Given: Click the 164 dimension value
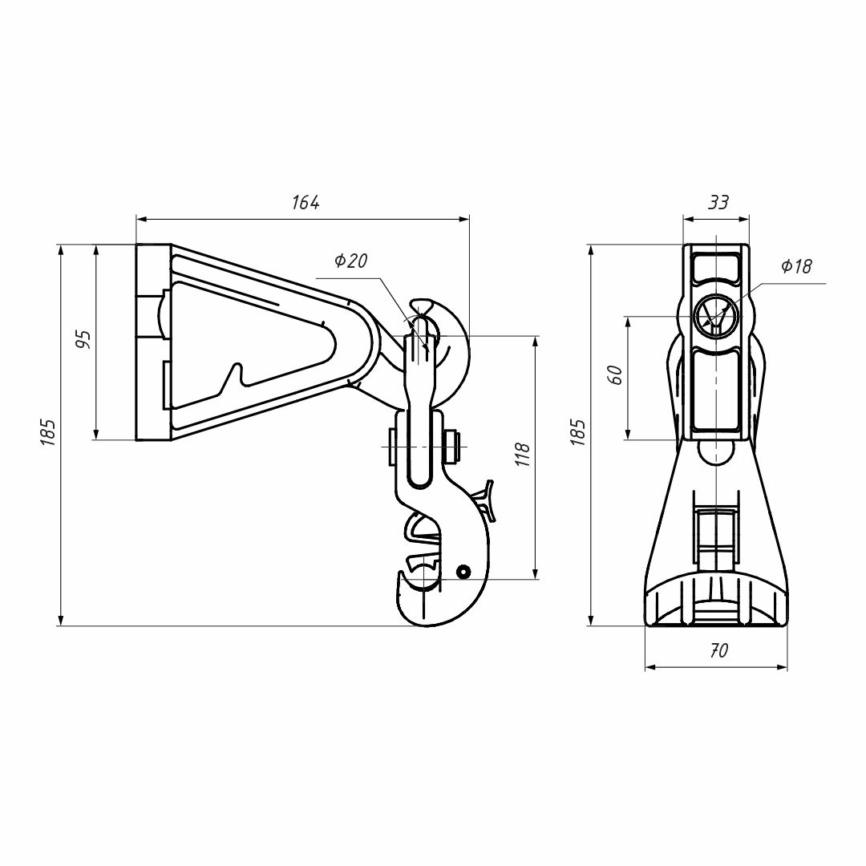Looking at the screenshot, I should click(x=306, y=203).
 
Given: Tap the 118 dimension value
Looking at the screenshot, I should click(x=523, y=455).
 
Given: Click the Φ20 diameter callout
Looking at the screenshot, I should click(x=350, y=261).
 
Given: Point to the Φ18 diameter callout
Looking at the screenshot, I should click(x=795, y=267).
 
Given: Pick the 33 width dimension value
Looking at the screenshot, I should click(x=718, y=203).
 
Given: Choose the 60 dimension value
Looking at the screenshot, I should click(x=616, y=374).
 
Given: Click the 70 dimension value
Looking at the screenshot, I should click(x=719, y=651).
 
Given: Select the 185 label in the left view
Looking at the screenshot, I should click(x=49, y=432).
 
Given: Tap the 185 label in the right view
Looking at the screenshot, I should click(x=578, y=432).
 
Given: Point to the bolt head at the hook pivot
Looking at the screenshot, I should click(x=451, y=446).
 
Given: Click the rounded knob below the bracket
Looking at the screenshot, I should click(x=715, y=451).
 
